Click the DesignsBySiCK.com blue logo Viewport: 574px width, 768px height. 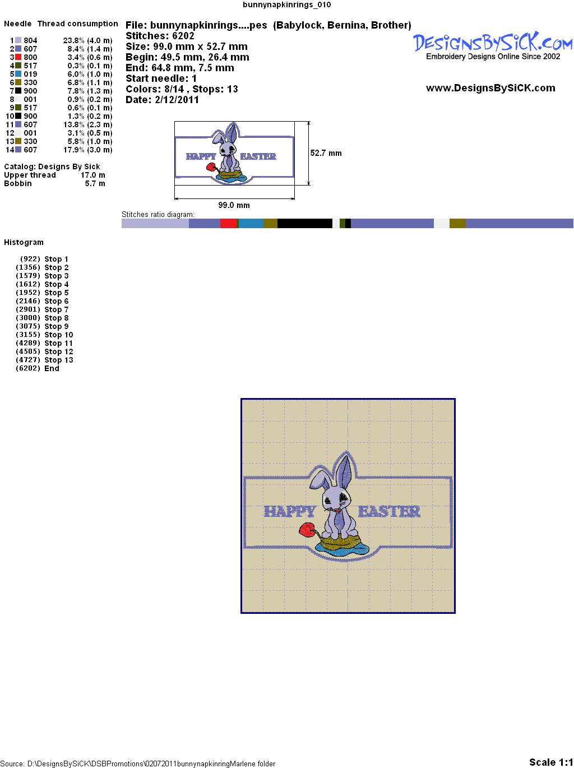click(x=493, y=43)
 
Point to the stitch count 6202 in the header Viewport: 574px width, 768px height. click(x=183, y=36)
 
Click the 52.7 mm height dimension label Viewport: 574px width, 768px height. click(x=326, y=153)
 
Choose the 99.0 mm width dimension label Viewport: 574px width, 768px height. click(x=234, y=205)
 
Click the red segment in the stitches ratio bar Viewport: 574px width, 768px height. click(x=228, y=223)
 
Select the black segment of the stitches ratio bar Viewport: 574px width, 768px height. click(x=305, y=223)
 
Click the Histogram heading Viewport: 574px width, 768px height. click(x=24, y=242)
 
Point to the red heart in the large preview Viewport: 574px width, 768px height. click(x=307, y=529)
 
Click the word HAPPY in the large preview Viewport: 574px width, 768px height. click(x=290, y=511)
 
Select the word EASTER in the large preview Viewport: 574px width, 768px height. click(x=389, y=511)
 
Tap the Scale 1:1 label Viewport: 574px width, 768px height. click(x=551, y=762)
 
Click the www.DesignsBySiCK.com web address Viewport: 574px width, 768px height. click(x=490, y=88)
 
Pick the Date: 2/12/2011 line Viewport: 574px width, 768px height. click(x=163, y=100)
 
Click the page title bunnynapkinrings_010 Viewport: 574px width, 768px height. click(x=287, y=4)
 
